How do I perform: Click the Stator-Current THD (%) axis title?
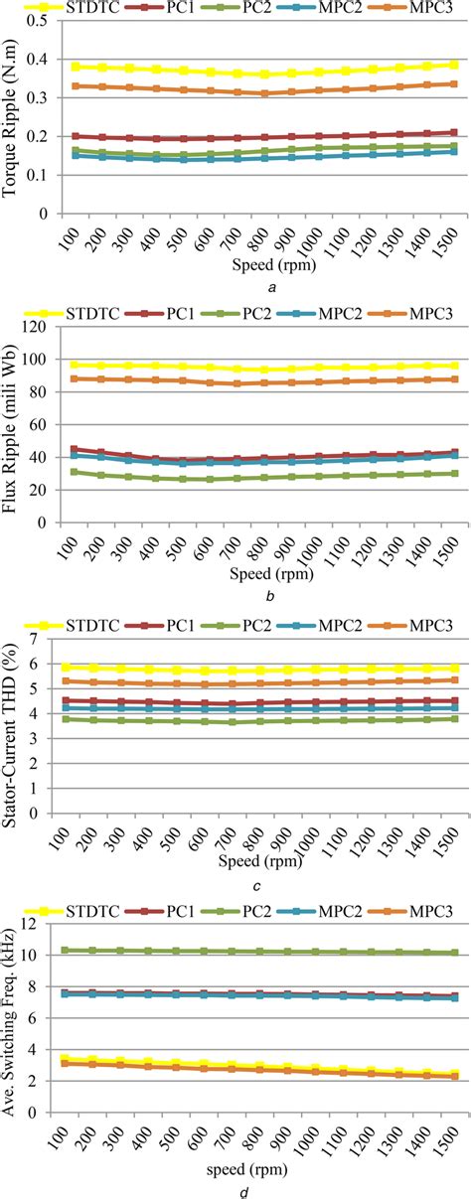(14, 730)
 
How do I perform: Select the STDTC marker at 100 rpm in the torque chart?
(66, 67)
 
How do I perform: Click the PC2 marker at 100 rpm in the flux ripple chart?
(66, 472)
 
